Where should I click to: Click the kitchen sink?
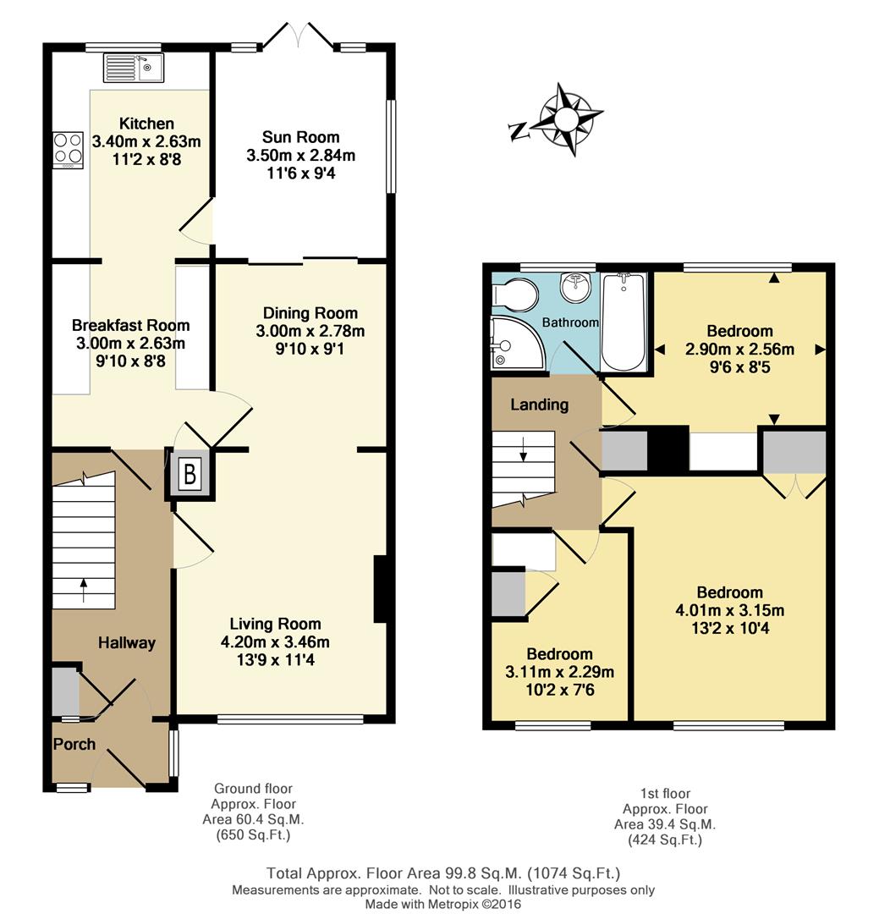134,68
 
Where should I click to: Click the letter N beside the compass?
518,132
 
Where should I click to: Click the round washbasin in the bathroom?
576,287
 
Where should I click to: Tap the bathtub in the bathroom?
623,322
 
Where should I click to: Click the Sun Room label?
300,138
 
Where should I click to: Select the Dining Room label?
310,313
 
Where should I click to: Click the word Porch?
74,745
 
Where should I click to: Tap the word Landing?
539,405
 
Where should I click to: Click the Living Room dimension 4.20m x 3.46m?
275,642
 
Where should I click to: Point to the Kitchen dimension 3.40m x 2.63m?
146,141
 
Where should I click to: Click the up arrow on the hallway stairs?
84,590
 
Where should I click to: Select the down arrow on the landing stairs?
524,449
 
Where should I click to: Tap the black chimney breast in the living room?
380,589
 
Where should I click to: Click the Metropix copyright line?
443,905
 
